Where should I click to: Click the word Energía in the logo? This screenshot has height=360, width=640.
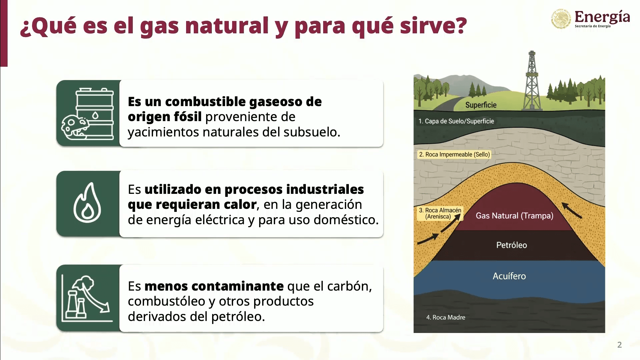click(x=602, y=16)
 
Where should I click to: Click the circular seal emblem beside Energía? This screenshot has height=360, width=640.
click(x=561, y=18)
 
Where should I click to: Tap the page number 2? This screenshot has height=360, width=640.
click(x=619, y=345)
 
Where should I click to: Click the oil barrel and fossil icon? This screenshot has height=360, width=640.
click(x=88, y=114)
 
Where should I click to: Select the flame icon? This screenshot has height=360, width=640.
click(x=87, y=204)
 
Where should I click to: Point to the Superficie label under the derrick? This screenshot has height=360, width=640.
click(x=481, y=105)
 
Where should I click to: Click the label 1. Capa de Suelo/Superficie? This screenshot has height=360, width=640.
click(x=456, y=121)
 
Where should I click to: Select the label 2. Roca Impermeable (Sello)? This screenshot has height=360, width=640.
click(x=454, y=154)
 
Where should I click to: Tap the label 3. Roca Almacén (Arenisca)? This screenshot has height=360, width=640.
click(x=440, y=214)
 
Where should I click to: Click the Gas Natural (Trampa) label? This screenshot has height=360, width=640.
click(x=514, y=216)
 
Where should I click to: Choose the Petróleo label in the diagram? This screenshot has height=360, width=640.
click(x=511, y=245)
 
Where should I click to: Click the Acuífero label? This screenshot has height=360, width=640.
click(x=509, y=276)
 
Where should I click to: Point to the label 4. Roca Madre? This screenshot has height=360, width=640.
click(x=446, y=317)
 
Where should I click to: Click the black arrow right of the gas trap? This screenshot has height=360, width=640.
click(x=572, y=210)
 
